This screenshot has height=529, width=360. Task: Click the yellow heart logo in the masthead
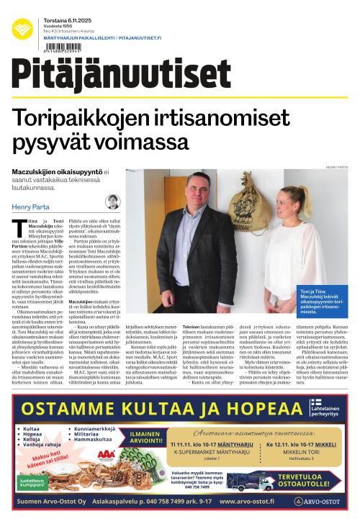click(x=22, y=29)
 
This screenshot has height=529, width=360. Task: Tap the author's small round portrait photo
click(x=113, y=202)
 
